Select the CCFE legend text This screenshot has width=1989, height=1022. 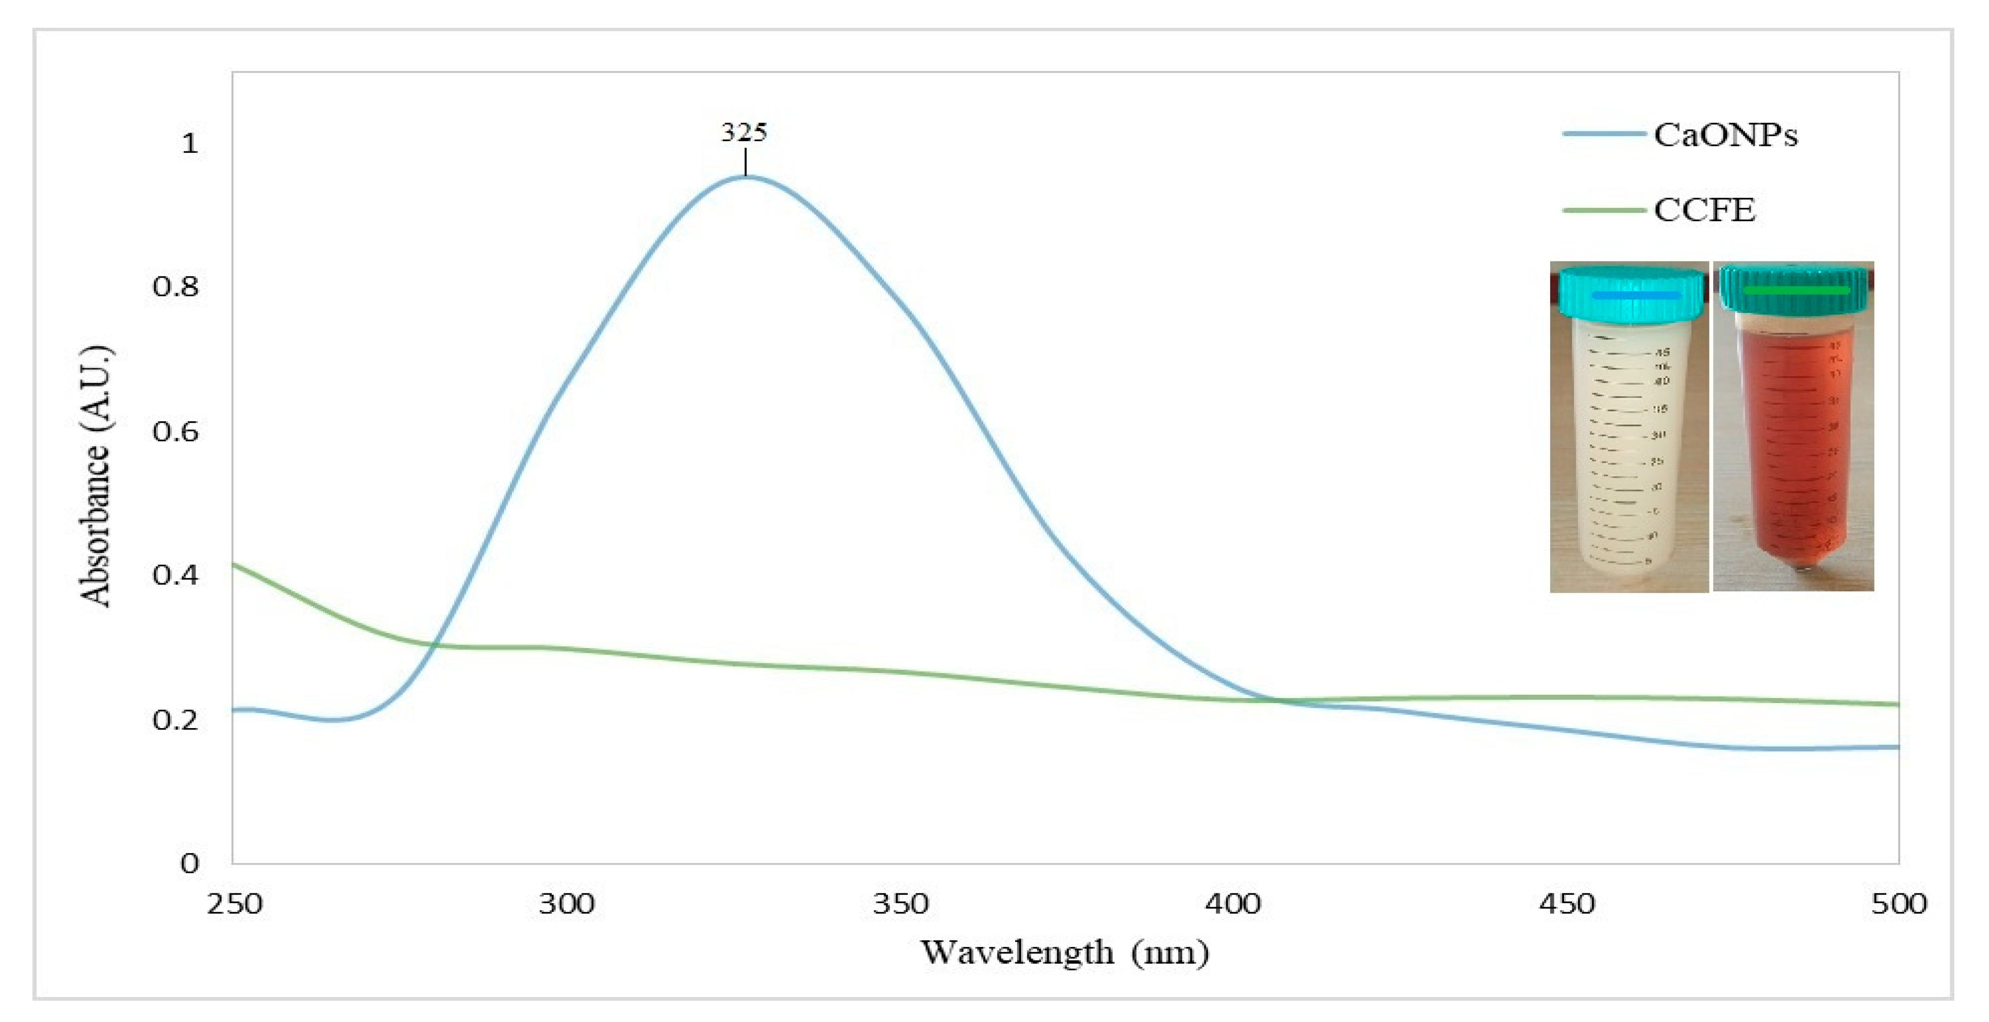pyautogui.click(x=1704, y=210)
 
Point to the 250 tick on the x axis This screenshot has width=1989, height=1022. pyautogui.click(x=234, y=903)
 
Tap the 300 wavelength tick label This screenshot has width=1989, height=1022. pyautogui.click(x=567, y=903)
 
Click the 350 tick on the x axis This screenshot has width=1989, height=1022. pyautogui.click(x=900, y=903)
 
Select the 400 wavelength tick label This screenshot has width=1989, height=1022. pyautogui.click(x=1233, y=903)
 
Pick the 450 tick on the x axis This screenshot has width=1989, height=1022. pyautogui.click(x=1567, y=903)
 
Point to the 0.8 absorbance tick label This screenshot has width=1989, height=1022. pyautogui.click(x=175, y=287)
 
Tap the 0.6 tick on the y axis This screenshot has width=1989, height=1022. pyautogui.click(x=175, y=431)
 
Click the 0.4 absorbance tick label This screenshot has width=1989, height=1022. pyautogui.click(x=175, y=575)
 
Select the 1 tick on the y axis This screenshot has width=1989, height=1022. pyautogui.click(x=189, y=143)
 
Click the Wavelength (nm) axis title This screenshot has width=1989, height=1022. pyautogui.click(x=1065, y=953)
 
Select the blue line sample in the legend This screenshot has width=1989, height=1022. pyautogui.click(x=1603, y=134)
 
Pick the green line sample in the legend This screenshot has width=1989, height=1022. pyautogui.click(x=1603, y=210)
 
